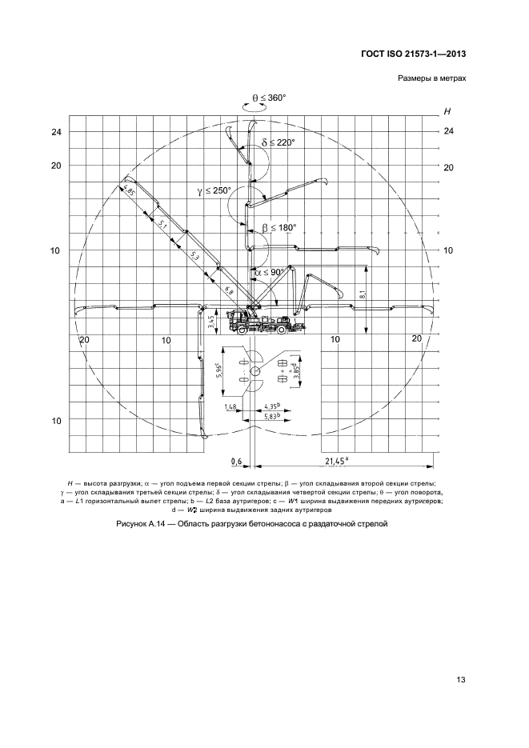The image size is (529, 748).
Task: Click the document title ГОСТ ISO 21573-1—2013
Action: pos(413,54)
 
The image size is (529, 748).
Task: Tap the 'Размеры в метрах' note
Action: pos(432,78)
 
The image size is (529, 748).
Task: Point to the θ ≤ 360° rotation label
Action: pos(270,98)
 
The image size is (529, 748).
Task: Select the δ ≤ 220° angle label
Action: pos(278,142)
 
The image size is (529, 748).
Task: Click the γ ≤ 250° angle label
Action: pos(214,190)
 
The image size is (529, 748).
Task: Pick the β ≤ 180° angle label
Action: pos(279,227)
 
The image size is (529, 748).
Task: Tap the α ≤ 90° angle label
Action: pos(270,272)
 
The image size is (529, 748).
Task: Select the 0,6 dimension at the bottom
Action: pos(236,461)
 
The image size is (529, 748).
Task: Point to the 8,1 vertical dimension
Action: pos(363,296)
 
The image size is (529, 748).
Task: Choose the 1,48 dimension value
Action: pos(230,406)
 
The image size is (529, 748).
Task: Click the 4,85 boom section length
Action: pos(127,191)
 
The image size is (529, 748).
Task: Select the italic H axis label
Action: pos(447,112)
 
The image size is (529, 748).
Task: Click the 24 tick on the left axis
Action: pos(56,132)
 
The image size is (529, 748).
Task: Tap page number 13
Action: pos(461,680)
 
